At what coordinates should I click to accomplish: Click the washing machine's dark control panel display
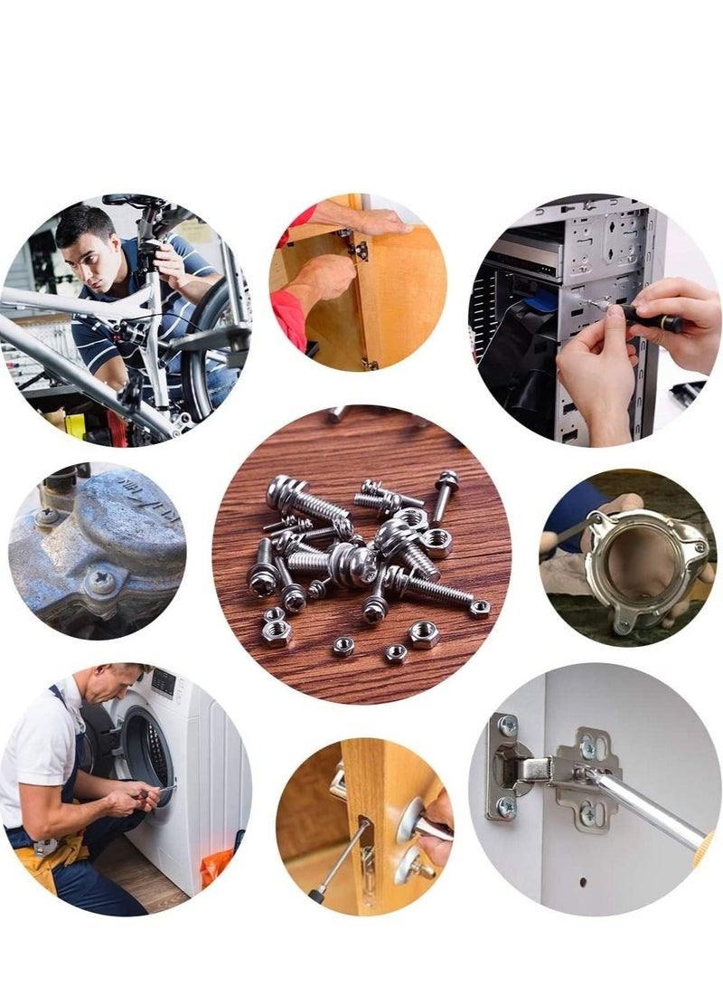[x=164, y=682]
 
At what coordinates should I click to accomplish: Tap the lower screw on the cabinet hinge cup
[x=507, y=806]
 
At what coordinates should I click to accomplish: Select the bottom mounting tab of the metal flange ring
[x=623, y=625]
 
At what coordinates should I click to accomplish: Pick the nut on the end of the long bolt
[x=479, y=608]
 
